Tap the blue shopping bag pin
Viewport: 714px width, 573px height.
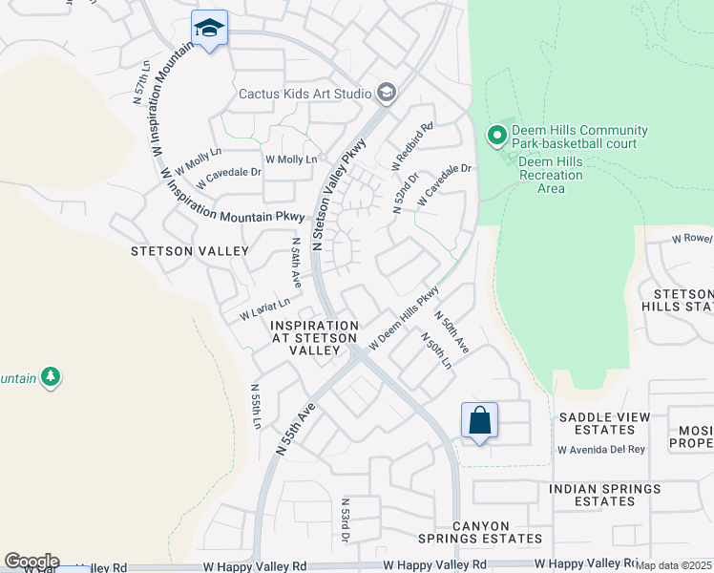[x=478, y=420]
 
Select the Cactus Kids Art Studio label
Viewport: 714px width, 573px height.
[x=305, y=93]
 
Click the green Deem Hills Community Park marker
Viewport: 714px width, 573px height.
[x=496, y=137]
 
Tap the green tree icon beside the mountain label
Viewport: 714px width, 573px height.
[x=51, y=378]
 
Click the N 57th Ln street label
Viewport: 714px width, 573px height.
[x=140, y=83]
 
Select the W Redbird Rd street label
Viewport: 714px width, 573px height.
[x=412, y=146]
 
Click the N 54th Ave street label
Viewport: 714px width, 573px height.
[x=297, y=263]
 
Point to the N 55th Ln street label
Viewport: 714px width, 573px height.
[x=256, y=407]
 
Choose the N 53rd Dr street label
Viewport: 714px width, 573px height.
[x=345, y=520]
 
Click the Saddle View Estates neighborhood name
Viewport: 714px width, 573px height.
[x=603, y=424]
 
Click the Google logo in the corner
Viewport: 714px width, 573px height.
[x=31, y=562]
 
